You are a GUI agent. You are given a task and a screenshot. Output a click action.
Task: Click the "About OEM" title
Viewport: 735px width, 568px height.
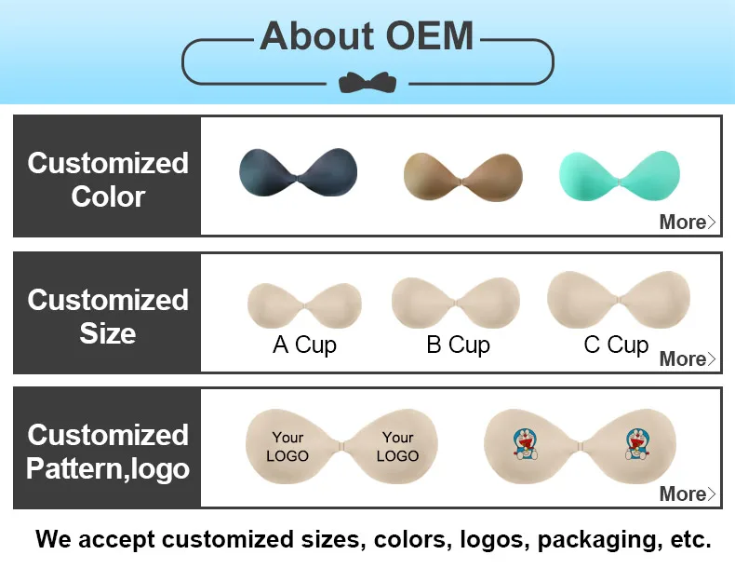click(367, 36)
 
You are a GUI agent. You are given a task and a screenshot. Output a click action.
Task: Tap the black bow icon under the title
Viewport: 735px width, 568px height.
click(367, 82)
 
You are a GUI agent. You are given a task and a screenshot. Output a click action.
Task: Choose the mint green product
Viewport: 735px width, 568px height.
click(619, 173)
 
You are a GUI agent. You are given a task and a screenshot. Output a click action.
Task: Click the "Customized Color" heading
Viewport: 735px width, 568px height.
click(108, 180)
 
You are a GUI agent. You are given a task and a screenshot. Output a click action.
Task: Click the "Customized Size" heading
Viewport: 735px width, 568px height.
click(108, 317)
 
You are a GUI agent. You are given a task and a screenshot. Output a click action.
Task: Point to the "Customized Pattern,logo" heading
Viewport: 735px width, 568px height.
click(108, 452)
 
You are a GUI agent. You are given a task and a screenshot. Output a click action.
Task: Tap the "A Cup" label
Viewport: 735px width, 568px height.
click(304, 345)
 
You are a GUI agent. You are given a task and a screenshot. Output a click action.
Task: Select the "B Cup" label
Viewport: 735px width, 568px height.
click(458, 345)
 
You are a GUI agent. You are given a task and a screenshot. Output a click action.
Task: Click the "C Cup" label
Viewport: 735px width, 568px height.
click(615, 345)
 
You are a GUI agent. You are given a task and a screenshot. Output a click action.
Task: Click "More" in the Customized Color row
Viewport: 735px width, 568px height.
click(687, 222)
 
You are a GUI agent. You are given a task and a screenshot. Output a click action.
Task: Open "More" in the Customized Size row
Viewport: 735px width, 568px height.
click(687, 358)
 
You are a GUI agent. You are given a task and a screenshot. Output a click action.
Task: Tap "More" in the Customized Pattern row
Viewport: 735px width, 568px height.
click(687, 494)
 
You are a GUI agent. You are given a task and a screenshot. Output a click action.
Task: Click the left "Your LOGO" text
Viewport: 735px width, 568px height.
click(287, 446)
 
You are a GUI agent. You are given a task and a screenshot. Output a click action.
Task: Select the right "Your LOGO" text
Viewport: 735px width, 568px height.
click(397, 446)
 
